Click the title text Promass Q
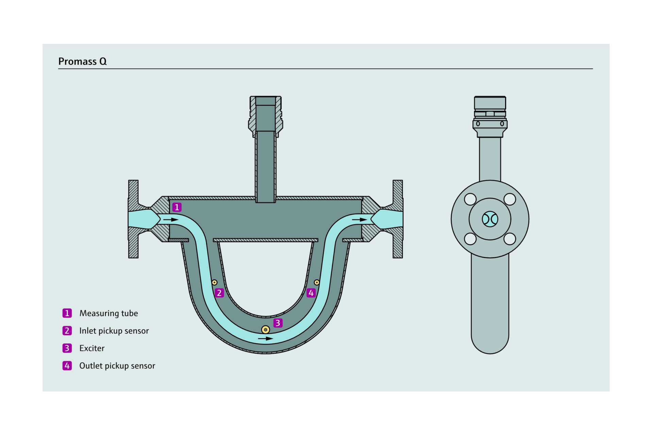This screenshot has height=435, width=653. click(x=82, y=61)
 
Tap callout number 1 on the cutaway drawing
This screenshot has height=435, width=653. click(x=177, y=207)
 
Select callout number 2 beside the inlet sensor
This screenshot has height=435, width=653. click(x=219, y=293)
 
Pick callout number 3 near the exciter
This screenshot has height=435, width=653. click(x=278, y=323)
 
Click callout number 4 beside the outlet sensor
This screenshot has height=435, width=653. click(x=311, y=293)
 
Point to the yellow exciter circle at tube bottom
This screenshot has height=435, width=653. click(x=265, y=329)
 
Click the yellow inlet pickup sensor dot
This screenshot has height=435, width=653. click(x=214, y=282)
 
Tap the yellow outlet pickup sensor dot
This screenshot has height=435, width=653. click(x=317, y=282)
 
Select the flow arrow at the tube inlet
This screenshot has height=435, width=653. click(x=171, y=220)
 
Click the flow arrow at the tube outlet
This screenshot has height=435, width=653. click(x=359, y=220)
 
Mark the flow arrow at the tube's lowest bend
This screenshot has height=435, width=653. click(x=265, y=338)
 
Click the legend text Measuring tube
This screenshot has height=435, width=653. click(x=108, y=313)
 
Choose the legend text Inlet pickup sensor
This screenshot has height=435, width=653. click(x=114, y=331)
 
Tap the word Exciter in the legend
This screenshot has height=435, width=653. click(x=92, y=348)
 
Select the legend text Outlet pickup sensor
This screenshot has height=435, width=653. click(x=117, y=366)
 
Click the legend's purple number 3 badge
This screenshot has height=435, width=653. click(x=67, y=348)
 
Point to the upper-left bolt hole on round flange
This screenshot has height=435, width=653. click(x=470, y=199)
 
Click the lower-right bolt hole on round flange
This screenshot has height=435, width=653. click(x=509, y=239)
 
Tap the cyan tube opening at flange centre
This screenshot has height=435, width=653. click(x=490, y=219)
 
